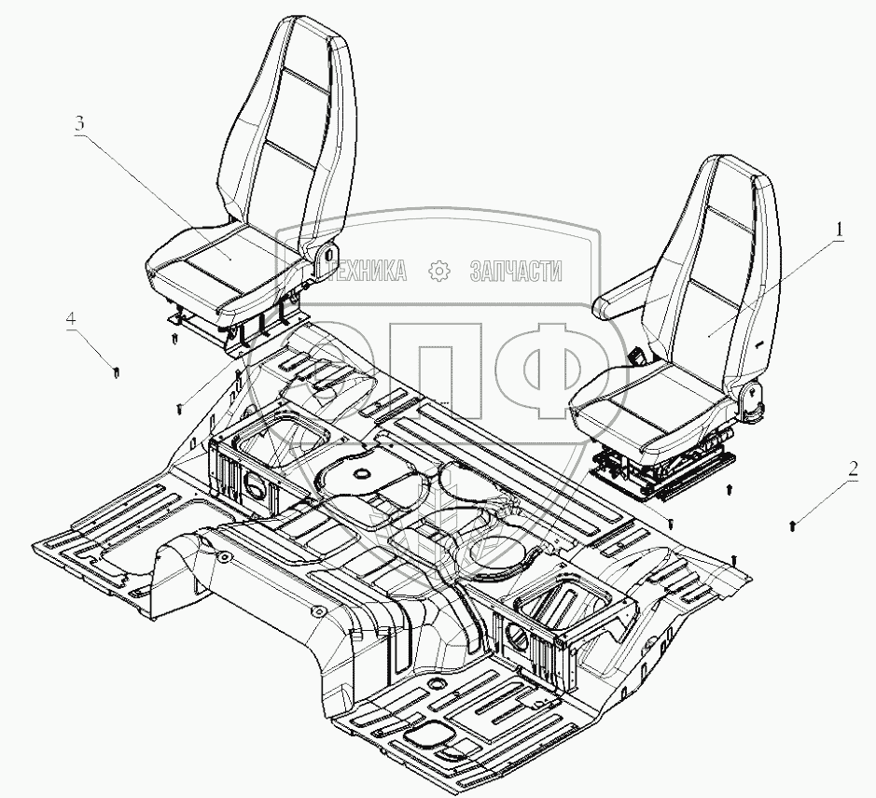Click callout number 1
point(839,229)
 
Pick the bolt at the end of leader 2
point(793,526)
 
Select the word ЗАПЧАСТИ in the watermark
point(517,271)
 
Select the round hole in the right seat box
point(516,643)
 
